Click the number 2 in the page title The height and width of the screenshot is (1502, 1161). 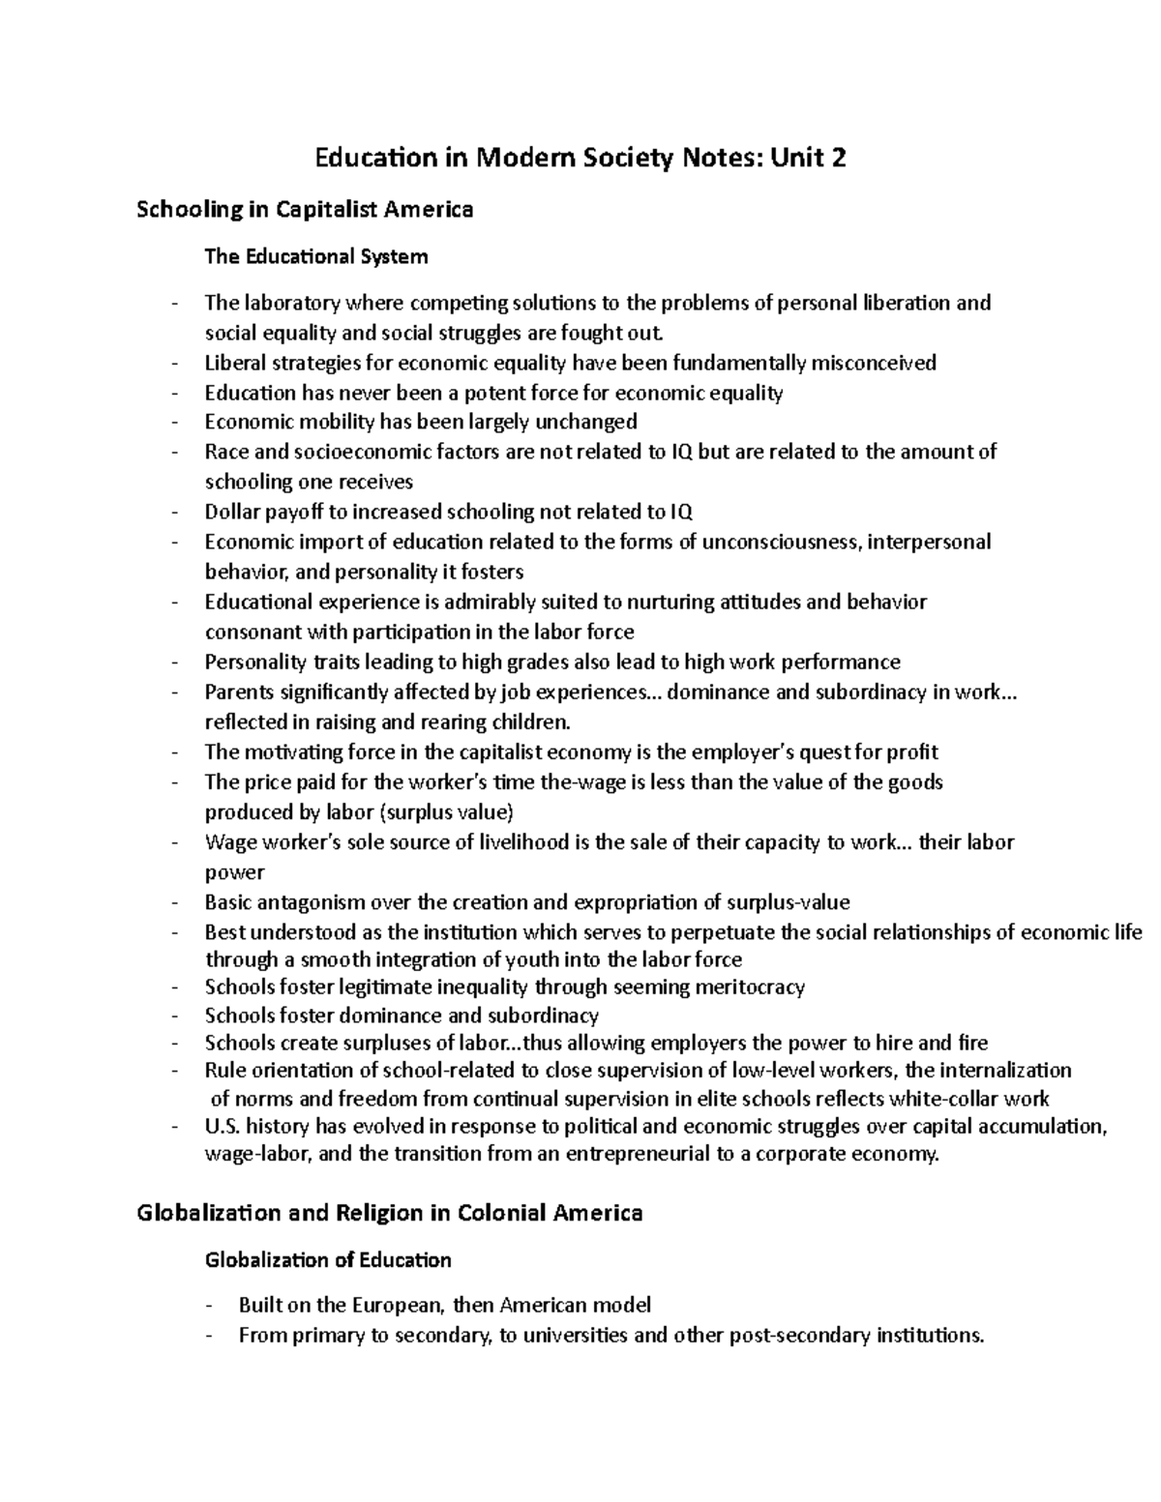click(x=837, y=158)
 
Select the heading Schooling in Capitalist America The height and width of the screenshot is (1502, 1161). click(x=305, y=209)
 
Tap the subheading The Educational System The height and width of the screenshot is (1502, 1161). click(x=315, y=256)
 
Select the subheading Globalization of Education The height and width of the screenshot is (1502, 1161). click(x=328, y=1260)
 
